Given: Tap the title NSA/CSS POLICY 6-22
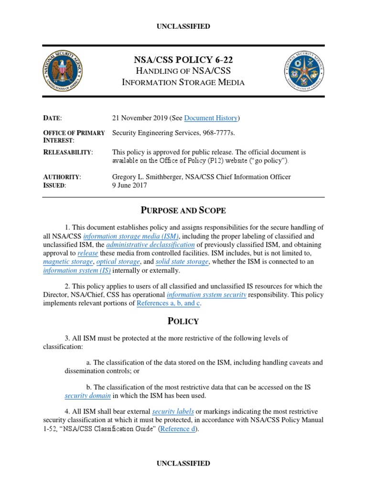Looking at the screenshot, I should pos(183,60).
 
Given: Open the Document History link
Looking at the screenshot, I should pos(211,118).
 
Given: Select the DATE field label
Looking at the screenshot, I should pos(53,118).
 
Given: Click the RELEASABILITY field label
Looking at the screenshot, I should pos(68,152).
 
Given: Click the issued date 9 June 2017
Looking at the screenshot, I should pos(130,186).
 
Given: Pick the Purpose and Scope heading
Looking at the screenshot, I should pos(183,211).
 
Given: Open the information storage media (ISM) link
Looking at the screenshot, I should pos(131,236).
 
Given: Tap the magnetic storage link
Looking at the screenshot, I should pos(68,262).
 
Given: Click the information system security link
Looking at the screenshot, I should pos(206,295).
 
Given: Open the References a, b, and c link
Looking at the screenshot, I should pos(166,304).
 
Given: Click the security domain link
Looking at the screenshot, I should pos(87,396).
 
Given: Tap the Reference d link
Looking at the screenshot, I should pos(178,429).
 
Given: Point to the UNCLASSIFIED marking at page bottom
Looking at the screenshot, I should pos(183,463).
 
